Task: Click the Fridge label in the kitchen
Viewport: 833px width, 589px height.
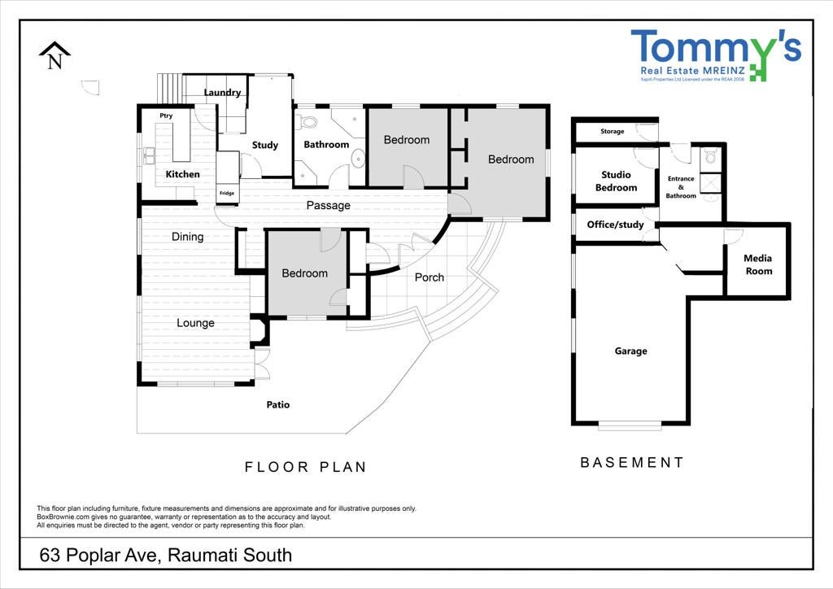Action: (227, 193)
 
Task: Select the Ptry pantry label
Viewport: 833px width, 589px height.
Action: (166, 116)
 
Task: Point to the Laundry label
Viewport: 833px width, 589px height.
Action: (222, 93)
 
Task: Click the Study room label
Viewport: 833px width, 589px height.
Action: (264, 145)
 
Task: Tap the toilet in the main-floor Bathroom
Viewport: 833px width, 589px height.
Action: (307, 123)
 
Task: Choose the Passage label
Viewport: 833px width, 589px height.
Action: (328, 206)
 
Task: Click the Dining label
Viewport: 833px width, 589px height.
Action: (187, 237)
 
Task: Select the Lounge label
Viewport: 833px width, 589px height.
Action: (195, 323)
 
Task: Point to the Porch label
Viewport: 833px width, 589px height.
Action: (430, 277)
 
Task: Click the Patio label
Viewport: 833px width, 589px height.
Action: (278, 404)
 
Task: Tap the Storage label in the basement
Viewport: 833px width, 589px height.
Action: (612, 131)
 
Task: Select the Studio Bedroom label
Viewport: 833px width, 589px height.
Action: (616, 181)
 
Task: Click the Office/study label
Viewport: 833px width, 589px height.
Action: (615, 225)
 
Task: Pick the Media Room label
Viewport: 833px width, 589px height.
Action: (758, 264)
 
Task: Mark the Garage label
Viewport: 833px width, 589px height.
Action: (630, 351)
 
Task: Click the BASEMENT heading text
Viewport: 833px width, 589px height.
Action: (631, 462)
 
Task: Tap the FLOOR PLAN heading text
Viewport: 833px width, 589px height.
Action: (306, 467)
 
